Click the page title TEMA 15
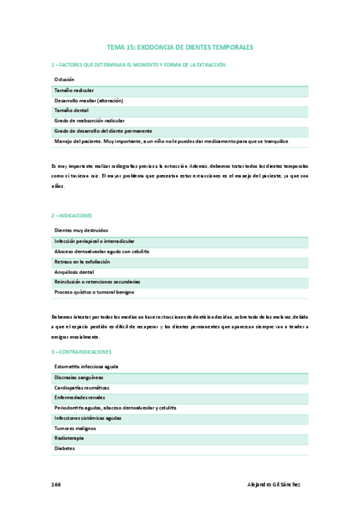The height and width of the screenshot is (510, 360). (x=180, y=46)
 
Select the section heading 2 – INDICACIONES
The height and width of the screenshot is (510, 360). (x=72, y=215)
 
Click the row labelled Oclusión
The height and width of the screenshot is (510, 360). (x=64, y=79)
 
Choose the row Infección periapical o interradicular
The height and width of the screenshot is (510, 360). (x=94, y=241)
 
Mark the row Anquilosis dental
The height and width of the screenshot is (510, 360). (x=74, y=271)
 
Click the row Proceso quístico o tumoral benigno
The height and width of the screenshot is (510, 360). (x=94, y=292)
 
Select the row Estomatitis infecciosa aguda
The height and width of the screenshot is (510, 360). (x=86, y=366)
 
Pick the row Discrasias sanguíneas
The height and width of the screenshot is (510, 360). (x=78, y=377)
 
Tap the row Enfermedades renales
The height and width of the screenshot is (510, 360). (x=79, y=398)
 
